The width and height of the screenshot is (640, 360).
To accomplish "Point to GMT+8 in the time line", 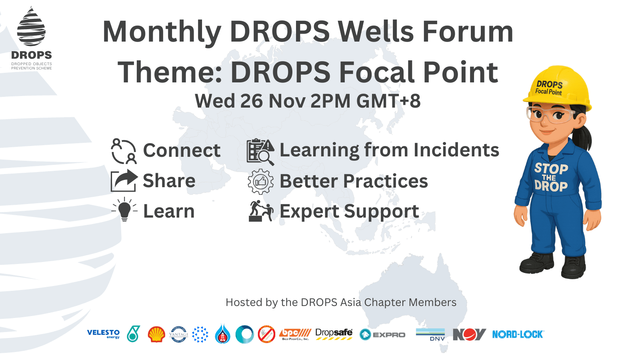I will (x=388, y=101).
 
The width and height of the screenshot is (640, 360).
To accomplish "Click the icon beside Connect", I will (x=124, y=151).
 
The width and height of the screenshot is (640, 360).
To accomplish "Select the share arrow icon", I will (x=124, y=181).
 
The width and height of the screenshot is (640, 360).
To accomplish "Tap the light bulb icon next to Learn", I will (x=124, y=209).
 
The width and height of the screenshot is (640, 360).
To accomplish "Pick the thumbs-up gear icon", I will (x=260, y=182).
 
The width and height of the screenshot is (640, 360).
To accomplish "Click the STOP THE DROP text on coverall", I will (x=551, y=177).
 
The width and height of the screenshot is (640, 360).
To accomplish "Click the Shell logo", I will (x=156, y=334).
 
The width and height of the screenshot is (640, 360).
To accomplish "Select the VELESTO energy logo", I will (x=103, y=334).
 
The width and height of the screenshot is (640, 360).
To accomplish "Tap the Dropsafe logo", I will (x=334, y=334).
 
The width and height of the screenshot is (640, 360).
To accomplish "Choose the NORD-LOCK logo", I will (x=518, y=334).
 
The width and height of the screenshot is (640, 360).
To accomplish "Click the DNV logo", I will (x=430, y=334).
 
